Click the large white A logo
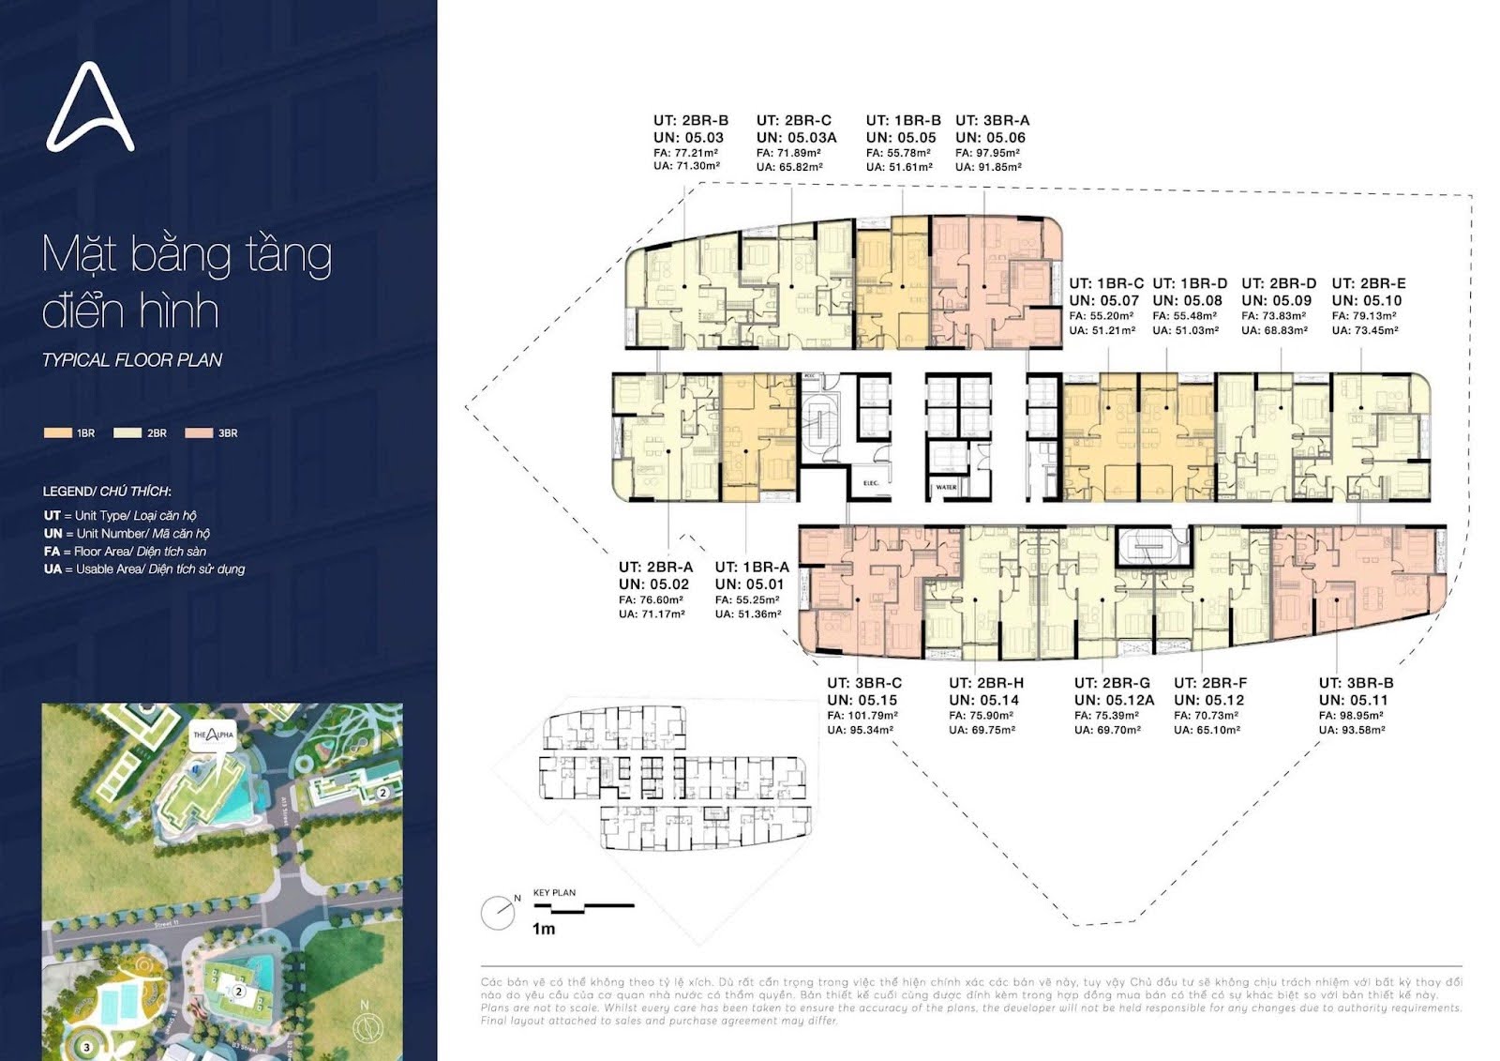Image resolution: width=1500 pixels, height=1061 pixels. click(90, 108)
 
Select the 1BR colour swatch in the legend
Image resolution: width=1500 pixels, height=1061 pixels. click(57, 433)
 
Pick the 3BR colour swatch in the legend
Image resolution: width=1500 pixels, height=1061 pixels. click(199, 433)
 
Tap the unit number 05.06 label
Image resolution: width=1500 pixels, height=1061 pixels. click(991, 137)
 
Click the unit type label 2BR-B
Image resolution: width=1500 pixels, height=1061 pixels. click(691, 120)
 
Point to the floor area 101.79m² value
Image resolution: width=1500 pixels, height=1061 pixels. click(861, 716)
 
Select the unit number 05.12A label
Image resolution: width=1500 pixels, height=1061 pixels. click(1114, 700)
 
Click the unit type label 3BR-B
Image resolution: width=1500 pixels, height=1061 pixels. click(1356, 683)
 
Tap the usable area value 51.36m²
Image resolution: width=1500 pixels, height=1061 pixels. click(747, 614)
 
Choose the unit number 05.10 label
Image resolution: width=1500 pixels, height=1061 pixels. click(1367, 300)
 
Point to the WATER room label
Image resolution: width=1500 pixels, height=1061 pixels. click(946, 488)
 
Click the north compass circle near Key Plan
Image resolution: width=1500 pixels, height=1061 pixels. click(496, 913)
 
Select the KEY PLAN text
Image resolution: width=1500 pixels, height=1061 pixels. click(554, 892)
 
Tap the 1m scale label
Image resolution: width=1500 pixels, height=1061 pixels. click(544, 929)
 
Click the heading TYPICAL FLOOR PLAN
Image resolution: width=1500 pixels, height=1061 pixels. click(132, 360)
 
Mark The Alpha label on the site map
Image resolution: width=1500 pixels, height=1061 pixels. click(213, 735)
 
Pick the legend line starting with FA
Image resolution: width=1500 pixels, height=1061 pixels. click(125, 552)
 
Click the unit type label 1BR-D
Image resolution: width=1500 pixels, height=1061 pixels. click(1190, 283)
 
